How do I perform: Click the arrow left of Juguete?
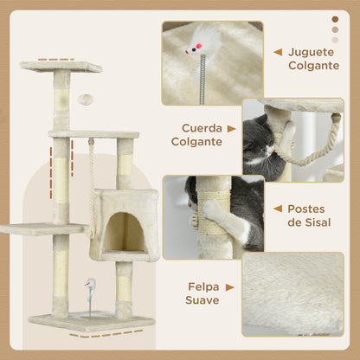click(x=277, y=52)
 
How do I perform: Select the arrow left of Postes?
click(x=277, y=209)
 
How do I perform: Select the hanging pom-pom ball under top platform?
click(x=85, y=100)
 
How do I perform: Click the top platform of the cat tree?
click(x=61, y=66)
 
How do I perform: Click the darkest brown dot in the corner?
click(x=335, y=18)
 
